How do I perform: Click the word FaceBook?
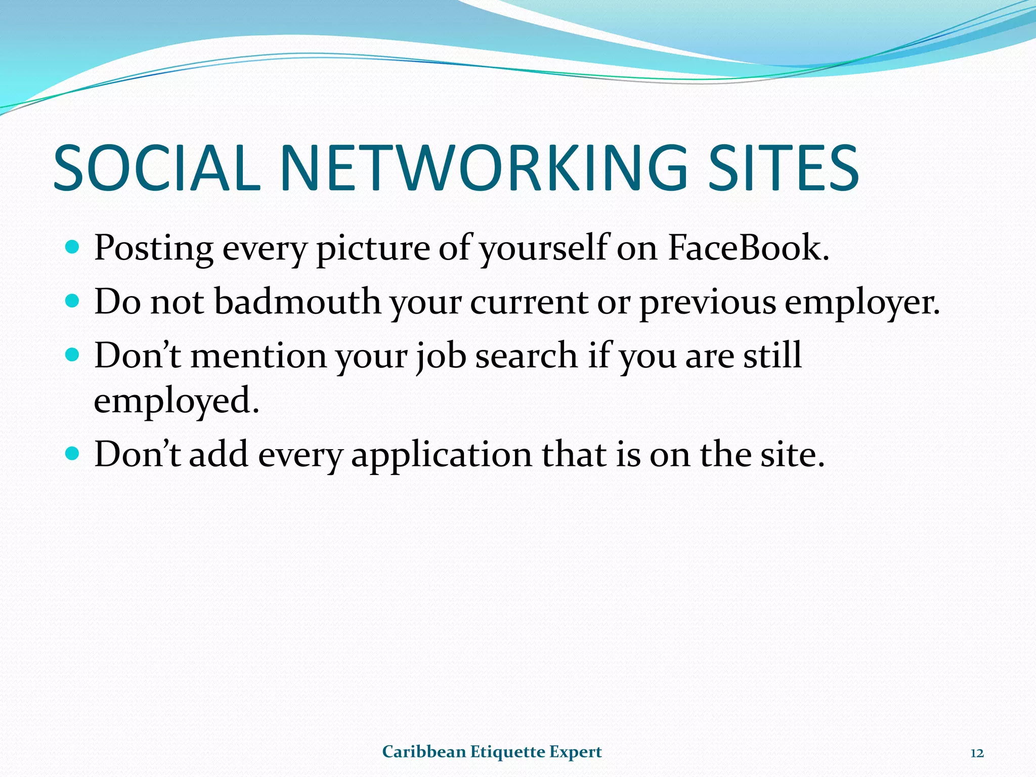coord(748,248)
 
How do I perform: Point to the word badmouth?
coord(297,302)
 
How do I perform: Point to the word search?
coord(527,355)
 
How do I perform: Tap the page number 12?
coord(977,753)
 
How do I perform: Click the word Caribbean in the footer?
coord(424,752)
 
